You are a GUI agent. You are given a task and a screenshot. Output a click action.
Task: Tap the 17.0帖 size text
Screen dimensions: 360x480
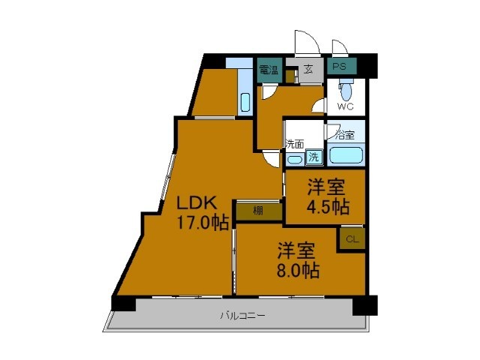(202, 222)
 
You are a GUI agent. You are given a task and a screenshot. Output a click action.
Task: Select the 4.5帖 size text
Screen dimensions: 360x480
(326, 206)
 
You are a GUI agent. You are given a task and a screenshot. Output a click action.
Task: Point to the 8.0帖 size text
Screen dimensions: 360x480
(299, 269)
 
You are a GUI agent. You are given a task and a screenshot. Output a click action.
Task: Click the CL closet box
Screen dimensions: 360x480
(352, 239)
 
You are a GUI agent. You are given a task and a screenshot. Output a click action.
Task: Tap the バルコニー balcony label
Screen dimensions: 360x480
(241, 316)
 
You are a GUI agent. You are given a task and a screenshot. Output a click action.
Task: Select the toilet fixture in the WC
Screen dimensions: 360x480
(346, 91)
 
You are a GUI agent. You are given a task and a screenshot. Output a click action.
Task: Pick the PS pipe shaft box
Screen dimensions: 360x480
(340, 67)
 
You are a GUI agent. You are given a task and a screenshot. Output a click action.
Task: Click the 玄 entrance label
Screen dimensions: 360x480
(308, 69)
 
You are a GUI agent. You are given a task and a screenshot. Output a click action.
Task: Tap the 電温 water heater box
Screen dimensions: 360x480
(268, 70)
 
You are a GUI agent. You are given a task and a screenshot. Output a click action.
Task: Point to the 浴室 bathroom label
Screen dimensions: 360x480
(344, 136)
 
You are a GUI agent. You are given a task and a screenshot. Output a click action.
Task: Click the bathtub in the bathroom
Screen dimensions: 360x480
(346, 156)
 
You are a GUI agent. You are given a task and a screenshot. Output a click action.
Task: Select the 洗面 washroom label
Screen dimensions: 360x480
(294, 144)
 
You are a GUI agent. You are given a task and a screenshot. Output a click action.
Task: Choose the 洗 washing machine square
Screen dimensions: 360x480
(315, 157)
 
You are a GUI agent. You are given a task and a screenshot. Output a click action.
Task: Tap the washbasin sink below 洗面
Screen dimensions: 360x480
(295, 158)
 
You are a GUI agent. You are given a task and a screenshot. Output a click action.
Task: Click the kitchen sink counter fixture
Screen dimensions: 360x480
(245, 103)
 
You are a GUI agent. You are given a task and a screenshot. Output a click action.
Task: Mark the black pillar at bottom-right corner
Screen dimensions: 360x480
(364, 304)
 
